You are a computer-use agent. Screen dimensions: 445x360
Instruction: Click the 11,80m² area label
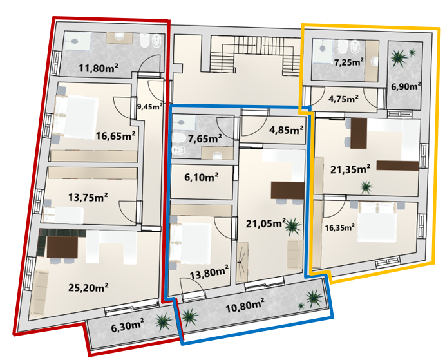99,68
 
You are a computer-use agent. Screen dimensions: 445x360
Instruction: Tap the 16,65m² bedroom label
115,136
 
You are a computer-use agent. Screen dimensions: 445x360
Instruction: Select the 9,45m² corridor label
150,106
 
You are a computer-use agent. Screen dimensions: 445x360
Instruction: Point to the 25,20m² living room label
88,288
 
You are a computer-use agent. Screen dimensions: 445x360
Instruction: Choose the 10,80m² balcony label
245,307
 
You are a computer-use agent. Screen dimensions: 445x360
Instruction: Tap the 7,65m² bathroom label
205,139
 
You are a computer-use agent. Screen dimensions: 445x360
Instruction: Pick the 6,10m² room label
201,177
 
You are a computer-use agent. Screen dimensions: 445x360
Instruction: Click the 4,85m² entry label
287,130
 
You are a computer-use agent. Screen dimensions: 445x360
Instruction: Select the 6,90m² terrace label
406,86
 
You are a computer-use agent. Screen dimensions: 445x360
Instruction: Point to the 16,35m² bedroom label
340,228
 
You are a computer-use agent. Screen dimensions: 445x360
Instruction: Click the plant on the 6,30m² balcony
164,322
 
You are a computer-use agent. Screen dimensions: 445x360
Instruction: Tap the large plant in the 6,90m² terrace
399,59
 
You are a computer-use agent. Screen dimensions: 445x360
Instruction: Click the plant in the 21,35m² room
366,187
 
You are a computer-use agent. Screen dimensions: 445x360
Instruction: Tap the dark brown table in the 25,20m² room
62,247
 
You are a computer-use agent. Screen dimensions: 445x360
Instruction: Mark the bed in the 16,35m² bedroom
377,222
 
